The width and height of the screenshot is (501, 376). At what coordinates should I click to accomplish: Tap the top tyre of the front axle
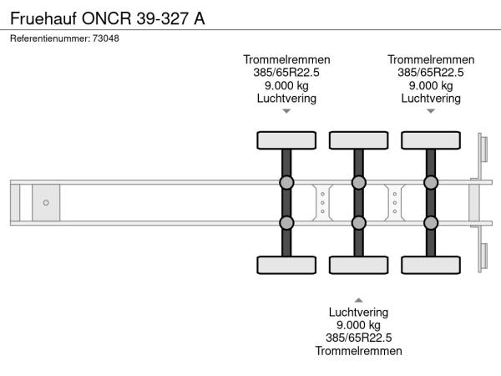(286, 140)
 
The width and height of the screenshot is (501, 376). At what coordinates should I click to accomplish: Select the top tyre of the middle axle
(358, 140)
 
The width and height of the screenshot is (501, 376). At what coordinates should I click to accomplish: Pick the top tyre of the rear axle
(431, 140)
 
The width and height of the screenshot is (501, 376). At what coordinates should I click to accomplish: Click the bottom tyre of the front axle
(286, 265)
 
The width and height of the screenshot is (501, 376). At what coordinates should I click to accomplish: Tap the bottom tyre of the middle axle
(358, 265)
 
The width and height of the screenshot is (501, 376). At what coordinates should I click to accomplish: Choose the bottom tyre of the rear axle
(431, 265)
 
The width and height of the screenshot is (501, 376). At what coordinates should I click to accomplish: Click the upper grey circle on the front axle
(286, 183)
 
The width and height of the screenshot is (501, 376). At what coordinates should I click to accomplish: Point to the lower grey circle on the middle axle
(358, 222)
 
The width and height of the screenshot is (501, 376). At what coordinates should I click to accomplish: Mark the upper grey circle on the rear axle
(431, 183)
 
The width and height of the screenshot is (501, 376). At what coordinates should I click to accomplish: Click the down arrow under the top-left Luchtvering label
(286, 111)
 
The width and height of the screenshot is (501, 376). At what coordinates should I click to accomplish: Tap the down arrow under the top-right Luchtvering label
(431, 111)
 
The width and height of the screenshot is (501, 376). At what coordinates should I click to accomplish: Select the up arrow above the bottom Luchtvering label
(358, 299)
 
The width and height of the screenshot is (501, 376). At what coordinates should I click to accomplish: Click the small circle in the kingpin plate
(46, 202)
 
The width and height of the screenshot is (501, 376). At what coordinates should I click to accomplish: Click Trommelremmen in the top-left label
(286, 59)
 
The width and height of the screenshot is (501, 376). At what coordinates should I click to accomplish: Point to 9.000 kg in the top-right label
(431, 85)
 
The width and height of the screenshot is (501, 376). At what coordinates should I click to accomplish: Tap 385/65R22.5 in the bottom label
(358, 338)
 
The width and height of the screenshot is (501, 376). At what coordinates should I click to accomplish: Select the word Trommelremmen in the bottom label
(358, 351)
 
